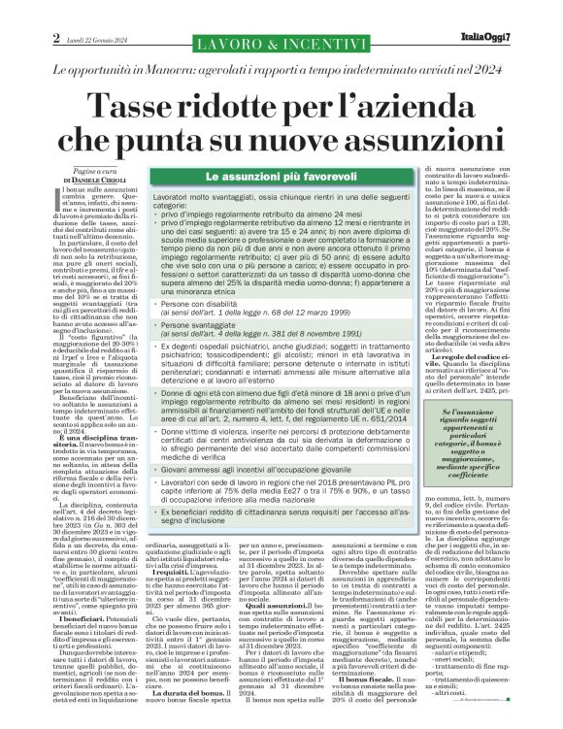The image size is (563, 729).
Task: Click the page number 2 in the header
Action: (x=57, y=40)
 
